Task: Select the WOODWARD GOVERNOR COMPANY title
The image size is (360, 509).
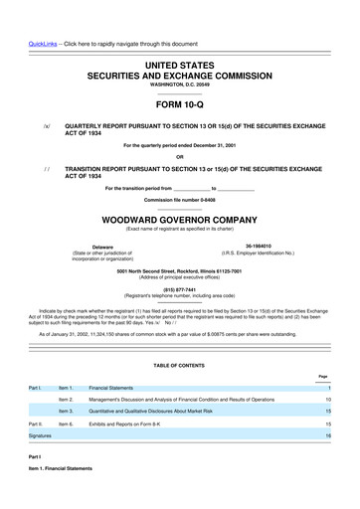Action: (180, 221)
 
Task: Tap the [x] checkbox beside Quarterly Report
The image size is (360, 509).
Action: (46, 128)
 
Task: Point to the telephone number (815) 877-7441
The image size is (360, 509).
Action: (180, 288)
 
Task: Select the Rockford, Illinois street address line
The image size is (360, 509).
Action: (180, 271)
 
